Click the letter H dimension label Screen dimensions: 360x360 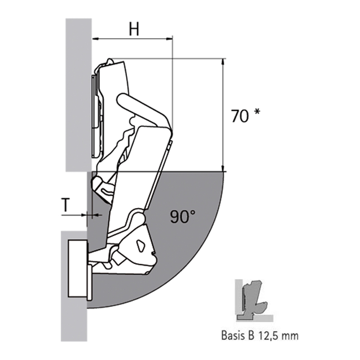(x=134, y=29)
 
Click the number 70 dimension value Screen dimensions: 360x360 (x=240, y=116)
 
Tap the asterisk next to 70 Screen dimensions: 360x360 (x=257, y=112)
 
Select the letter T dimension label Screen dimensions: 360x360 (x=66, y=205)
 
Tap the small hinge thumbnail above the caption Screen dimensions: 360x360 (x=253, y=300)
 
